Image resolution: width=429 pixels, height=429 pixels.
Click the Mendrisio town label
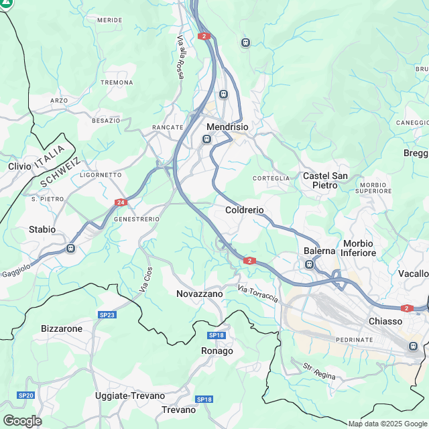click(228, 127)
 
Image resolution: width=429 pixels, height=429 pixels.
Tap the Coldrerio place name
click(245, 210)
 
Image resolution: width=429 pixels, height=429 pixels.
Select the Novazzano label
click(199, 294)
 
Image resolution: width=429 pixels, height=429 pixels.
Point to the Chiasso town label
click(385, 321)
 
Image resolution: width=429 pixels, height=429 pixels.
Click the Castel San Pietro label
click(325, 180)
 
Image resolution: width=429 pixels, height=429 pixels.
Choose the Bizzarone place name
click(62, 328)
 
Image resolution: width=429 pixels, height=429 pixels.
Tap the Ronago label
click(217, 351)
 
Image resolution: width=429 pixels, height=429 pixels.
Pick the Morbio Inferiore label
click(359, 248)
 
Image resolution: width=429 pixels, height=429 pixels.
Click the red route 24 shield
click(121, 202)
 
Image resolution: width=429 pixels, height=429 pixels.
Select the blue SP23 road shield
click(107, 314)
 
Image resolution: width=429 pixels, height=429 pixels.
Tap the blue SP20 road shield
click(26, 395)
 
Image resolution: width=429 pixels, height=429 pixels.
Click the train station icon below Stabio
click(70, 248)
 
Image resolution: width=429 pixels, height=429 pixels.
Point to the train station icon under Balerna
click(310, 264)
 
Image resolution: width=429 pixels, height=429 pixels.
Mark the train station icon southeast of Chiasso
click(414, 346)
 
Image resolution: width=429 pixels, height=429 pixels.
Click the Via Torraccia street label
click(257, 293)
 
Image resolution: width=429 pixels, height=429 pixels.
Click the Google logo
click(21, 421)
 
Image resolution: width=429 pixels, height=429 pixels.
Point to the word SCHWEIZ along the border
click(60, 173)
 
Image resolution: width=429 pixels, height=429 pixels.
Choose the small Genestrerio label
click(137, 219)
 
